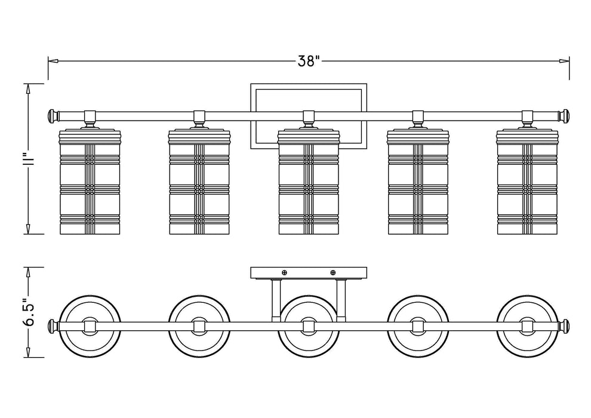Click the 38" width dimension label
pyautogui.click(x=309, y=61)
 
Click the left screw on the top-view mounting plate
pyautogui.click(x=284, y=273)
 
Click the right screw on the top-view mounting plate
pyautogui.click(x=333, y=273)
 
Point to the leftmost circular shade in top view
pyautogui.click(x=90, y=326)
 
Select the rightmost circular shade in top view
pyautogui.click(x=527, y=326)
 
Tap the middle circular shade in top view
pyautogui.click(x=308, y=326)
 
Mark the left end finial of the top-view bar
pyautogui.click(x=53, y=326)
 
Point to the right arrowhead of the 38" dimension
pyautogui.click(x=564, y=61)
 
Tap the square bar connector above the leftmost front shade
pyautogui.click(x=90, y=115)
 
